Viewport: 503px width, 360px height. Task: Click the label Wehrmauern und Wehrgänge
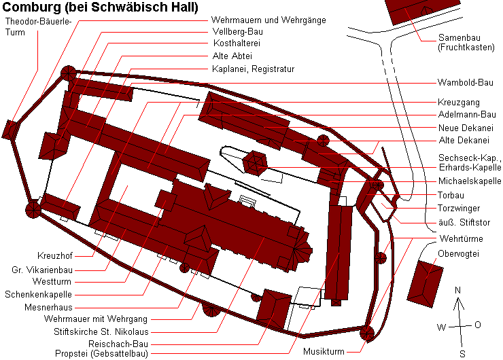(268, 20)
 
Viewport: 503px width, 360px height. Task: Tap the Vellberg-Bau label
(238, 32)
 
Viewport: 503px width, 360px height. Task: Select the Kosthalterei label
(237, 43)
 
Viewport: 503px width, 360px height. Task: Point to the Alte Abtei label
(232, 56)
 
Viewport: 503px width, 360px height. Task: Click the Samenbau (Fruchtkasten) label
(466, 43)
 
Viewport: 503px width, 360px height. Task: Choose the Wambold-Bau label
(465, 83)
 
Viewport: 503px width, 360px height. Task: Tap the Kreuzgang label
(458, 103)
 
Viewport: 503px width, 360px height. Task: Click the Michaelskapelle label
(470, 181)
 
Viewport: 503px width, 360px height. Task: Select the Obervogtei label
(458, 254)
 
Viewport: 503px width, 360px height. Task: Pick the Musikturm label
(324, 352)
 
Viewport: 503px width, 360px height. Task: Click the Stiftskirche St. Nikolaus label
(101, 331)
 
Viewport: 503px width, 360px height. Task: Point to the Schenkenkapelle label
(38, 295)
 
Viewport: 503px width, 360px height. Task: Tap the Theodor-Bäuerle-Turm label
(38, 26)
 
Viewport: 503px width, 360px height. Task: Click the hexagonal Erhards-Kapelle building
(255, 163)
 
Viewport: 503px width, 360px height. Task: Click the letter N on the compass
(457, 291)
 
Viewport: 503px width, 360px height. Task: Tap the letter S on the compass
(462, 355)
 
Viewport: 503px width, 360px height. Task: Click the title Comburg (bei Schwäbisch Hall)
(101, 7)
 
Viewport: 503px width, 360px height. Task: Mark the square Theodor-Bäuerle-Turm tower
(10, 130)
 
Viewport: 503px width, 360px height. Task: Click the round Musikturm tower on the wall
(367, 334)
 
